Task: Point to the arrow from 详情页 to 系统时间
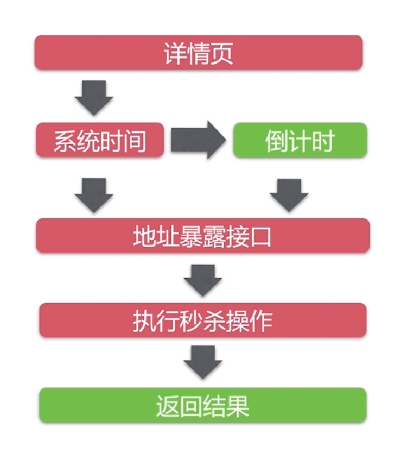(x=93, y=97)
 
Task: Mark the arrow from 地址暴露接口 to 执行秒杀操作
(x=202, y=279)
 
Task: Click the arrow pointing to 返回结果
(x=202, y=362)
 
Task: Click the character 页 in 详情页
(x=221, y=53)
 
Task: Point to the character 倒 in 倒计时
(x=276, y=141)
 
